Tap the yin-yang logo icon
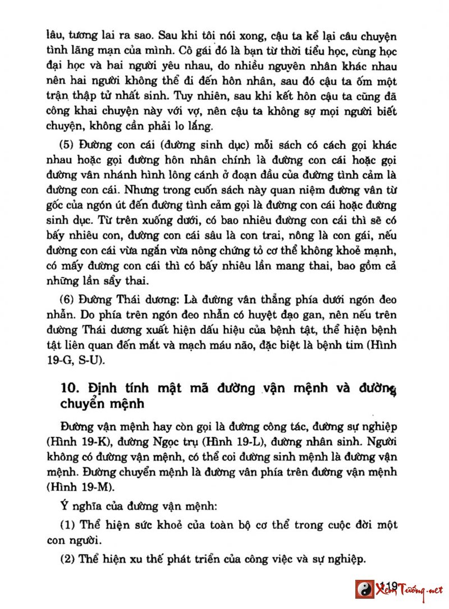tap(364, 589)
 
